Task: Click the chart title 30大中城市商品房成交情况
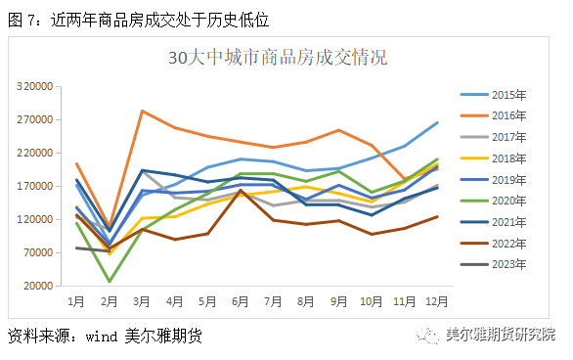(x=279, y=58)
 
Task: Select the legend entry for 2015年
(x=508, y=95)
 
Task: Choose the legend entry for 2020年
(x=508, y=201)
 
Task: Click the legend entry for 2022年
(x=508, y=243)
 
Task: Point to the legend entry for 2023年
(x=508, y=264)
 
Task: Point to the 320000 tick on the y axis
(x=34, y=87)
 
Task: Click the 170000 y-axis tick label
(x=34, y=187)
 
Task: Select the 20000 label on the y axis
(x=37, y=287)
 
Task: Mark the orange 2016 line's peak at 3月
(x=143, y=111)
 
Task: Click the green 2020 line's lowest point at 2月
(x=110, y=282)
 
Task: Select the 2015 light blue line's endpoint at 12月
(x=437, y=122)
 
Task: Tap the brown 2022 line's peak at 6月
(x=242, y=191)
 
